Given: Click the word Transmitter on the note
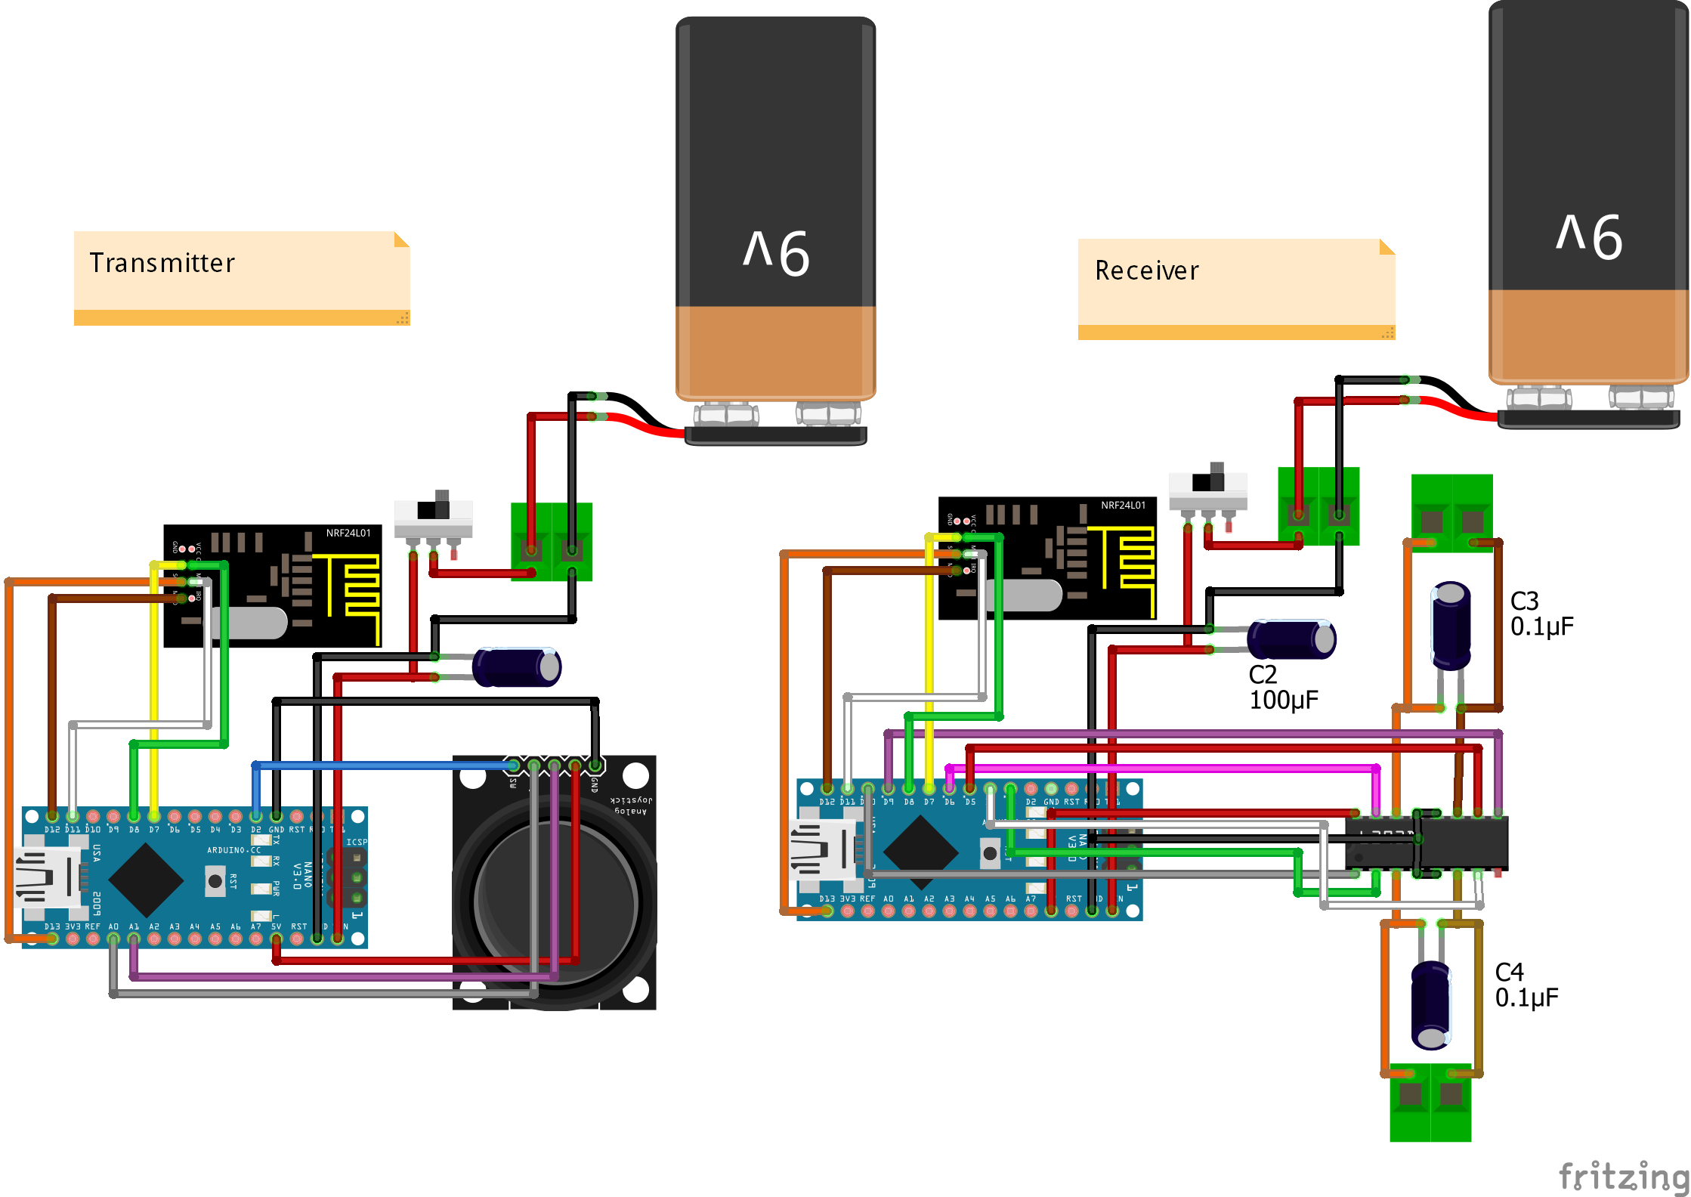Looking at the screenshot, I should [x=162, y=263].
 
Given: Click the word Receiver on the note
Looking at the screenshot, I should [x=1146, y=271].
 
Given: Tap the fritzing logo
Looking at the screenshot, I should [x=1623, y=1176].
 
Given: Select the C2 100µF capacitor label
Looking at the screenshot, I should [x=1282, y=687].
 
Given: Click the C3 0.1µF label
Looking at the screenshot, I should [x=1541, y=614].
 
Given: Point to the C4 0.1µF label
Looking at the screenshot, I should [x=1526, y=985].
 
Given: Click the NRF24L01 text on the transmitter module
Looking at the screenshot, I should [x=348, y=533].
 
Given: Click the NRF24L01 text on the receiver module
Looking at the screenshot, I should [x=1123, y=505].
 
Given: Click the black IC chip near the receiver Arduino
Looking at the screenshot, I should [x=1427, y=843].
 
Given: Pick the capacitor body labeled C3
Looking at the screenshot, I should [x=1451, y=625].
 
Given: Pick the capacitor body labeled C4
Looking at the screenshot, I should [x=1431, y=1004].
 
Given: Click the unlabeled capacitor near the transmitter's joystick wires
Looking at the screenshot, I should [x=517, y=667].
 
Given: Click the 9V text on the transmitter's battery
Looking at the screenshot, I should [x=776, y=252].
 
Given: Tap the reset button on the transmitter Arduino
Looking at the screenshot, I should [x=215, y=881].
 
